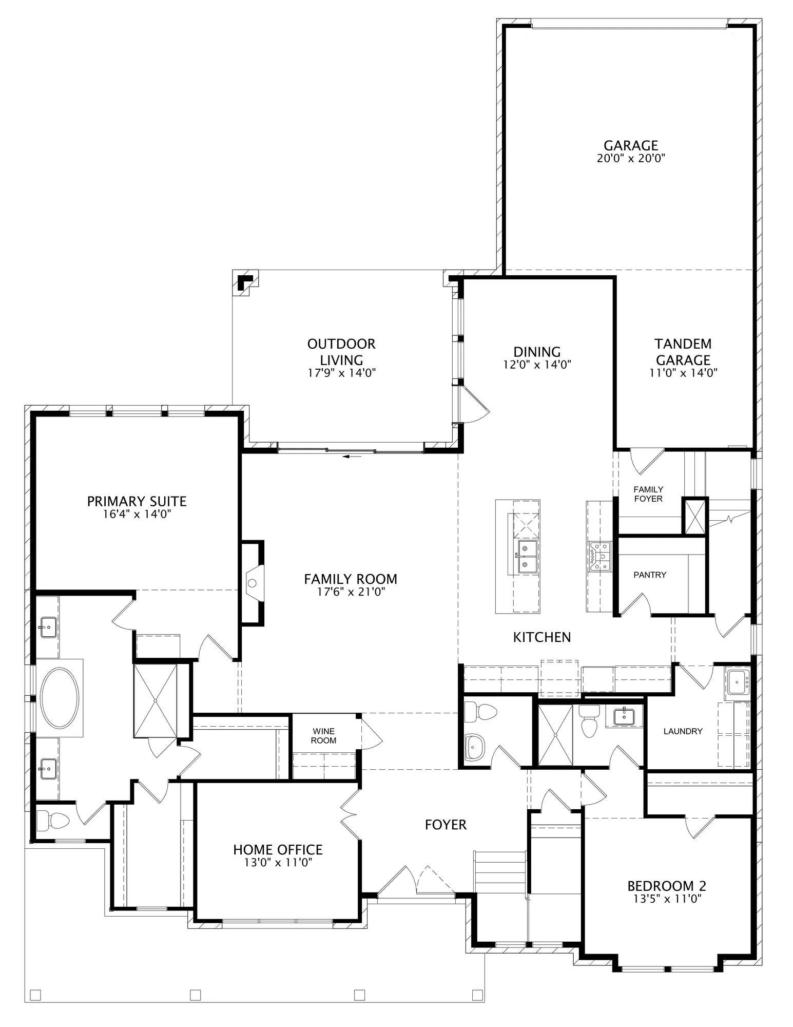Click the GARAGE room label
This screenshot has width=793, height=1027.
click(631, 145)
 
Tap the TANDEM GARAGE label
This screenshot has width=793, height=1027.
click(683, 351)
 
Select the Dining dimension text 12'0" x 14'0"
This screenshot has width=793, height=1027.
click(537, 365)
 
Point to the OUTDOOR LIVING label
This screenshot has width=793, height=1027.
click(341, 351)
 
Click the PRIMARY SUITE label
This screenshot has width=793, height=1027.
click(137, 501)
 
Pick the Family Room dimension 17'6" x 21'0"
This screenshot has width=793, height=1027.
click(351, 592)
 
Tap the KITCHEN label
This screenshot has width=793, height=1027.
click(542, 637)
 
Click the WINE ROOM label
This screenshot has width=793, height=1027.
click(324, 736)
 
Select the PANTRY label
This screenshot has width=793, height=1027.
click(650, 575)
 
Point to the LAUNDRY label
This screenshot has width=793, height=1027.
click(683, 731)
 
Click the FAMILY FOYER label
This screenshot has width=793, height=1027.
click(648, 493)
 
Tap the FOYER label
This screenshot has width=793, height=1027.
click(446, 825)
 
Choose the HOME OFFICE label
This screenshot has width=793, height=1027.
click(278, 850)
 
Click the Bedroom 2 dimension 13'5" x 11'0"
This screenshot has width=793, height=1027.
click(667, 899)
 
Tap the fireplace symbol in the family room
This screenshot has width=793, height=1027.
click(253, 583)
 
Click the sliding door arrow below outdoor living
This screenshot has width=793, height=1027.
click(352, 455)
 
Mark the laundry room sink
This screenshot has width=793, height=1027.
click(738, 683)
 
